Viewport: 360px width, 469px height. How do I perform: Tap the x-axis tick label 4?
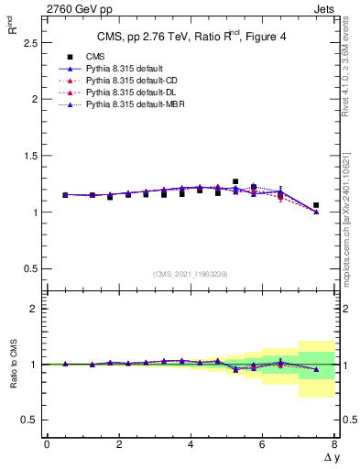(190, 443)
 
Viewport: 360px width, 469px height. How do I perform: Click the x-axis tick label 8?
(333, 443)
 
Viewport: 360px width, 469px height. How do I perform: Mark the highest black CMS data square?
(235, 181)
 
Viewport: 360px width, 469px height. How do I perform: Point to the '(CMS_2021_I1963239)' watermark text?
(189, 273)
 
